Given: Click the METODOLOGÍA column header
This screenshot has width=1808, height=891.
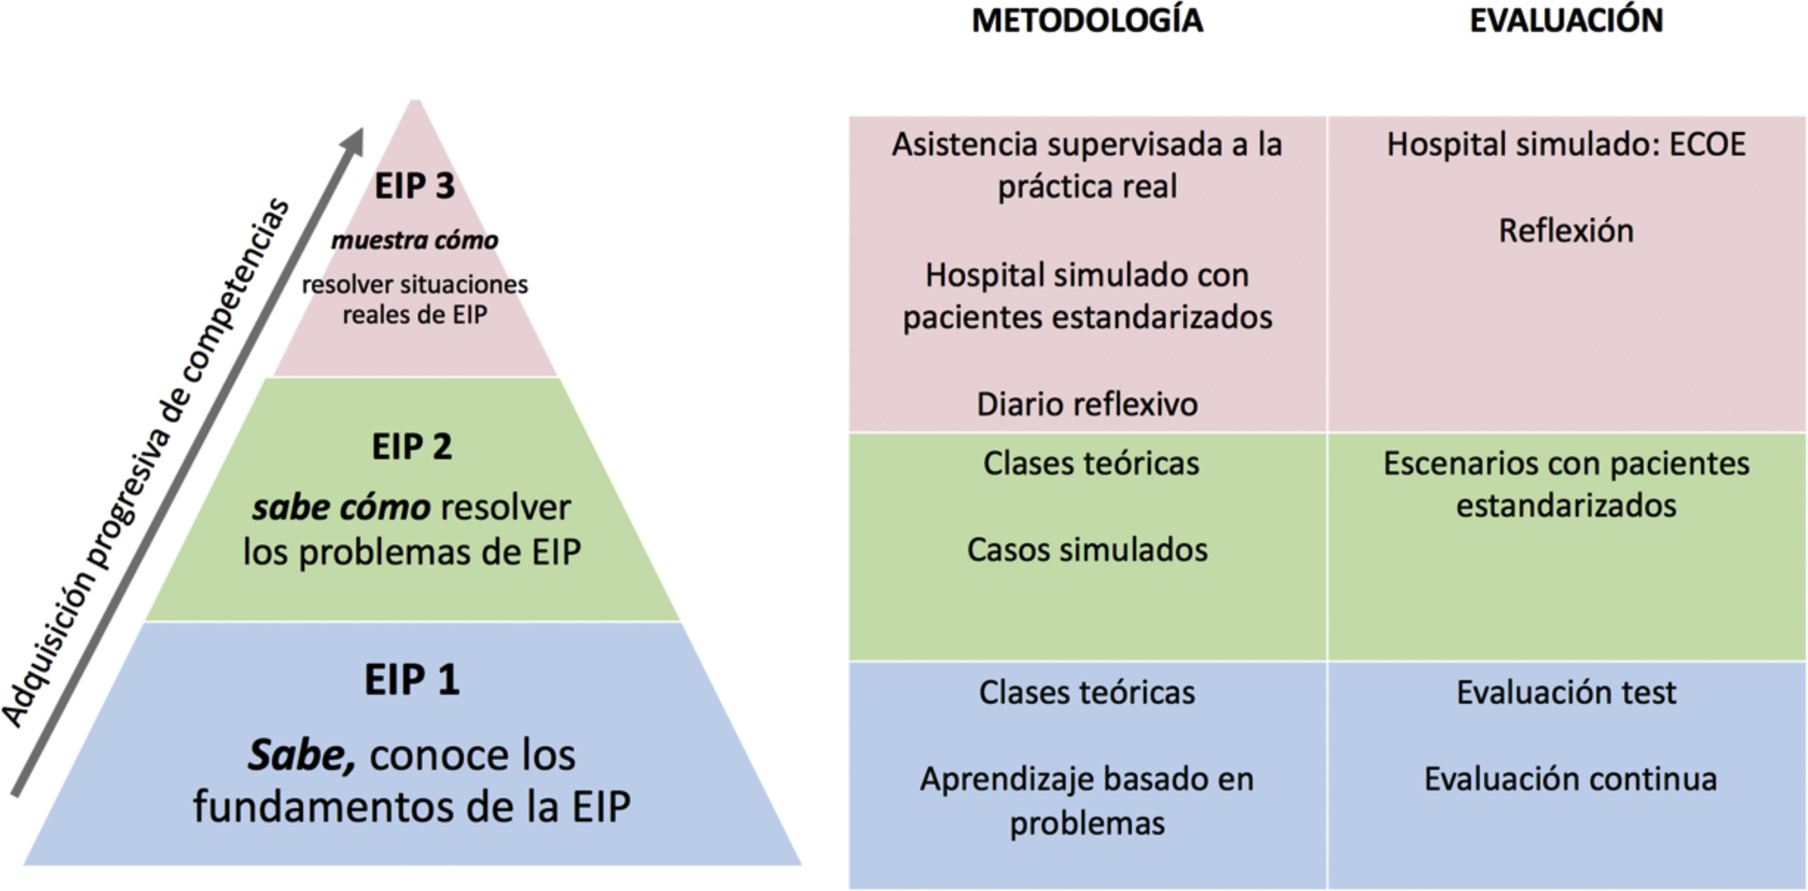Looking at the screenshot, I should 1087,21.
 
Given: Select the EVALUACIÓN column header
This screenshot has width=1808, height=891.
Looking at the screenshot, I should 1566,21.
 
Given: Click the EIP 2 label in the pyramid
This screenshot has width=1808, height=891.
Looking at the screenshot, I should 412,447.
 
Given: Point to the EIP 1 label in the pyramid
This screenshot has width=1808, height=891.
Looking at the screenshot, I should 412,680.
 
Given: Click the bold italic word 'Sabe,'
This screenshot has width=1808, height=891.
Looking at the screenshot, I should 301,756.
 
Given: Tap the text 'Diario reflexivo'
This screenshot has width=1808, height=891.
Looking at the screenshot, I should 1087,405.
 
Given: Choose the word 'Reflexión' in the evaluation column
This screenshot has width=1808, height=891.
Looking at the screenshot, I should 1566,231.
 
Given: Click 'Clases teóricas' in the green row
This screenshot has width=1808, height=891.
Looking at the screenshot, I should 1091,463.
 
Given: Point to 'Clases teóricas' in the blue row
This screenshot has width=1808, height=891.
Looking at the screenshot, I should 1087,693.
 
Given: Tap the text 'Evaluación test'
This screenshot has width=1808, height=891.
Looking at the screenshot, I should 1566,693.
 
